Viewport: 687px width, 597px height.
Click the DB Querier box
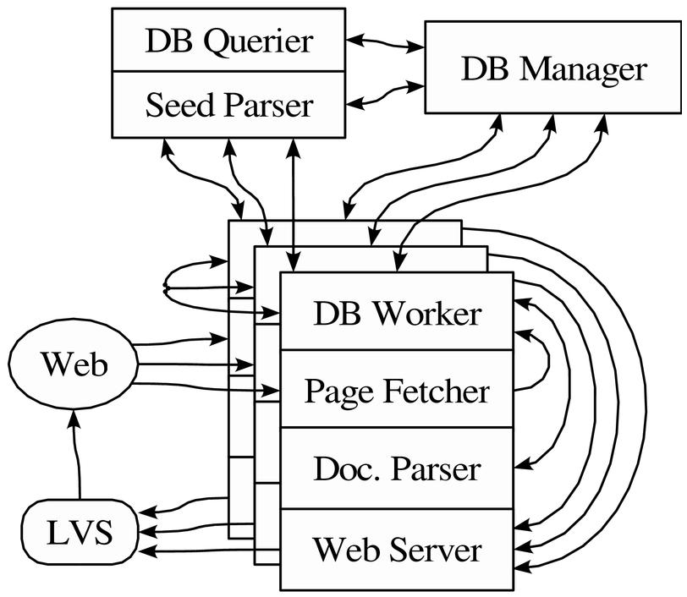click(228, 41)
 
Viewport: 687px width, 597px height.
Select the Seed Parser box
click(228, 105)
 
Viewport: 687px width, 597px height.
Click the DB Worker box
click(396, 312)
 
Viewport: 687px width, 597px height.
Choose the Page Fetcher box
click(396, 391)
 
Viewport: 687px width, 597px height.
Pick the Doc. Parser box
click(396, 468)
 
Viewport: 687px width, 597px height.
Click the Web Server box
click(396, 550)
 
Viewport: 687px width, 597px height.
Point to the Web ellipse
click(74, 366)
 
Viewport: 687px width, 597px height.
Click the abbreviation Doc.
click(342, 468)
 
